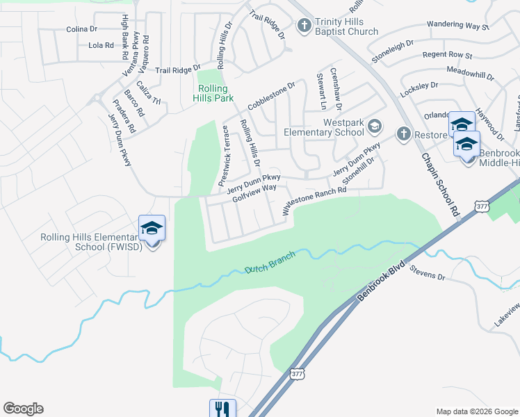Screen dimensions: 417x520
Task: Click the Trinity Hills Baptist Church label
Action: click(346, 26)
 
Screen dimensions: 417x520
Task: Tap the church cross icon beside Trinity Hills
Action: click(304, 26)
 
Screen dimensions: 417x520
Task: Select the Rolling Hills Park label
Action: click(216, 93)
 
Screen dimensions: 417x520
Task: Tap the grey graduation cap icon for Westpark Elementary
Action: click(375, 126)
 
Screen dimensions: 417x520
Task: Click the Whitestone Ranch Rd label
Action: click(313, 199)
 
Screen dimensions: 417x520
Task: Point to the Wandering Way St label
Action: click(458, 26)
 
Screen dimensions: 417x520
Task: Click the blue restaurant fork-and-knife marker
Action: click(222, 409)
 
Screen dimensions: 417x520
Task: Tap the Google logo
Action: click(23, 409)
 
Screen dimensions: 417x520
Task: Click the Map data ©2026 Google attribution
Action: click(476, 411)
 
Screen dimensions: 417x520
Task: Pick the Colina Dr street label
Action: click(83, 29)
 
